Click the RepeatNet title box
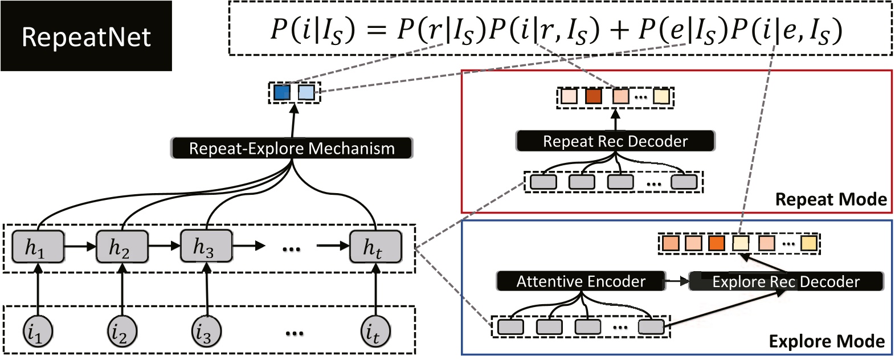86,36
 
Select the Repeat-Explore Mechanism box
292,148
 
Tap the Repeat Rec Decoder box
615,141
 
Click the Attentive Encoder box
581,281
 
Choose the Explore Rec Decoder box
786,281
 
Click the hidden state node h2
121,247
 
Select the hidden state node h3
206,246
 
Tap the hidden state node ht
374,247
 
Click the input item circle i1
38,332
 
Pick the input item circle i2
122,332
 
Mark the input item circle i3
206,332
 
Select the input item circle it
375,332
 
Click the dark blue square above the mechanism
282,92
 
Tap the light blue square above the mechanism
306,92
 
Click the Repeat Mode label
831,199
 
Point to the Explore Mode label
827,341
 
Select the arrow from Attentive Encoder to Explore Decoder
677,281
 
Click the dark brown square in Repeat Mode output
594,96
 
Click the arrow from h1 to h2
80,247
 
